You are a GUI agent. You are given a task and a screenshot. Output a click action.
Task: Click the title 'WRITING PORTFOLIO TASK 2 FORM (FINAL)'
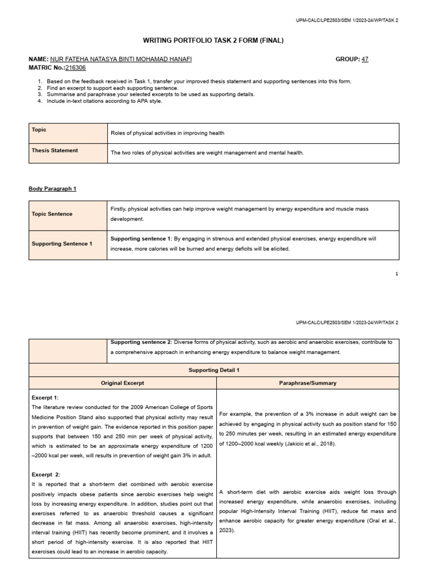pyautogui.click(x=213, y=41)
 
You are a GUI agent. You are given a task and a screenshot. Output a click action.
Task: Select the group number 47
pyautogui.click(x=365, y=59)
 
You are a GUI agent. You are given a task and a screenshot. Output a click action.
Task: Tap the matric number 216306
pyautogui.click(x=76, y=67)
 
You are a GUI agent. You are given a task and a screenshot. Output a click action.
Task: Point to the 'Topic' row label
pyautogui.click(x=39, y=129)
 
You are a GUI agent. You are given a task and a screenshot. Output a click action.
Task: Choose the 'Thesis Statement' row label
pyautogui.click(x=54, y=150)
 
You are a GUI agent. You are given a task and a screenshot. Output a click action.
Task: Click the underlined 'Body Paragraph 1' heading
pyautogui.click(x=52, y=188)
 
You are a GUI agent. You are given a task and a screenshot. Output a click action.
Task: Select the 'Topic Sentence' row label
pyautogui.click(x=52, y=214)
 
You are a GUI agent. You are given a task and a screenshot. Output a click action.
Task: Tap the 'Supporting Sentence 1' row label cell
pyautogui.click(x=62, y=243)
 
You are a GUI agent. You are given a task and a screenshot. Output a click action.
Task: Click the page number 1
pyautogui.click(x=396, y=273)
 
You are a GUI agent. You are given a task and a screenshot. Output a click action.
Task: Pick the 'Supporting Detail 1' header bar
pyautogui.click(x=213, y=370)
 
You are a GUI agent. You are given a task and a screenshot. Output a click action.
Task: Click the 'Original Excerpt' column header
pyautogui.click(x=122, y=383)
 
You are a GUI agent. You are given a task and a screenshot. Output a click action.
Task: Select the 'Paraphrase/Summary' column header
pyautogui.click(x=307, y=383)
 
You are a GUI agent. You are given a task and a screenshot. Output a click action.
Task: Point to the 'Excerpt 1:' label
pyautogui.click(x=45, y=398)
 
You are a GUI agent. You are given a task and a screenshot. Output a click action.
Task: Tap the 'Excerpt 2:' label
pyautogui.click(x=46, y=475)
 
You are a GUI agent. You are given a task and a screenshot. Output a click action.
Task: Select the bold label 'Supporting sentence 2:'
pyautogui.click(x=141, y=342)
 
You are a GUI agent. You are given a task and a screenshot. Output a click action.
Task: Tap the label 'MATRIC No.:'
pyautogui.click(x=47, y=67)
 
